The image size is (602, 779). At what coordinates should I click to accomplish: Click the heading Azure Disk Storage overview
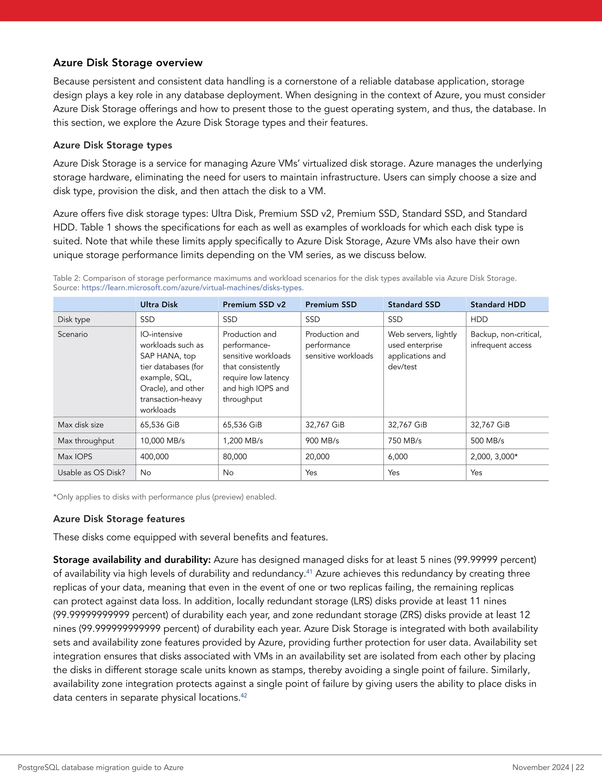tap(128, 63)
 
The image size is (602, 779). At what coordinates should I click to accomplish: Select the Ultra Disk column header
tap(159, 305)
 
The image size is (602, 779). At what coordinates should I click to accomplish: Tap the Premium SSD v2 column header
tap(254, 305)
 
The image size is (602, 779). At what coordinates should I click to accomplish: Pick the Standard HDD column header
tap(498, 305)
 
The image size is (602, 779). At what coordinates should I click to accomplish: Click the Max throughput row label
tap(86, 441)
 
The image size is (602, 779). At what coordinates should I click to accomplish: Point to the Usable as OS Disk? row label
tap(91, 473)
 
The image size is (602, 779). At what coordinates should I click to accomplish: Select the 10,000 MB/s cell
tap(162, 441)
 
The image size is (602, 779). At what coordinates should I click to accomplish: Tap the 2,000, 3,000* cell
tap(494, 457)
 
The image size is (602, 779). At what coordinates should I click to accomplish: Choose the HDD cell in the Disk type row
tap(479, 320)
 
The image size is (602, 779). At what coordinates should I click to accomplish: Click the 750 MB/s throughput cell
tap(404, 441)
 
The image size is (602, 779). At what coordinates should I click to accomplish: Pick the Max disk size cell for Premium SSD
tap(325, 425)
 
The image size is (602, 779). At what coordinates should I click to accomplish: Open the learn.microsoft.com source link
tap(193, 288)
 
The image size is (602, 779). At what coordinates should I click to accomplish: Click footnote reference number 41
tap(309, 572)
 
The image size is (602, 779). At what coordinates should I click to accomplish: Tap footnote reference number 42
tap(244, 696)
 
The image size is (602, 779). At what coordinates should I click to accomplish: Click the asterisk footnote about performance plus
tap(165, 497)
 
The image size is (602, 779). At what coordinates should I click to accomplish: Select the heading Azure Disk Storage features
tap(119, 519)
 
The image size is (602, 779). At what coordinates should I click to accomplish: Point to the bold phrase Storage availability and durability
tap(132, 560)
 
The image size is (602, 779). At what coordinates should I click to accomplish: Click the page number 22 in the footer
tap(580, 767)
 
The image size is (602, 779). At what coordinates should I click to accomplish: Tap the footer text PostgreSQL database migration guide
tap(101, 767)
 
